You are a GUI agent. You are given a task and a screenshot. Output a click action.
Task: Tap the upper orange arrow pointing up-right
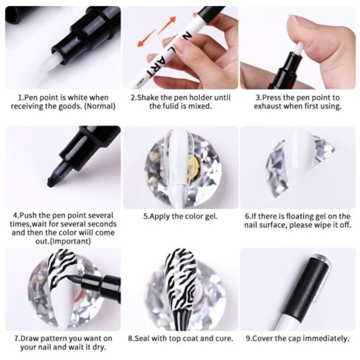[x=167, y=25]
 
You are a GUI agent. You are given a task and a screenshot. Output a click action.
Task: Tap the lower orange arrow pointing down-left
[x=146, y=38]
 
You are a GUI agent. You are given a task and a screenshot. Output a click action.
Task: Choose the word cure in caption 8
[x=225, y=338]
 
